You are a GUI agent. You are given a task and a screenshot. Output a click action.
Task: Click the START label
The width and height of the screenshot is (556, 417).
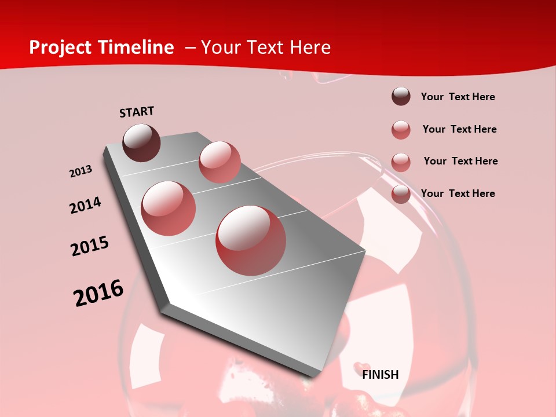point(137,112)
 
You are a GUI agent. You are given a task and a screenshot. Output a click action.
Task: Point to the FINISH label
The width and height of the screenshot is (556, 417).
point(380,375)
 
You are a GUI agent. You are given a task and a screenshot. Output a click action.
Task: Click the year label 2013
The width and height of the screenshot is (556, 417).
point(81,171)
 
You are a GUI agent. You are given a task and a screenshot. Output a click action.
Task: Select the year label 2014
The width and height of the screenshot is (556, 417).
point(85,206)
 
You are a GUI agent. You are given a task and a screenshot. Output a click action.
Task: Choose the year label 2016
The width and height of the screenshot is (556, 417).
point(98,294)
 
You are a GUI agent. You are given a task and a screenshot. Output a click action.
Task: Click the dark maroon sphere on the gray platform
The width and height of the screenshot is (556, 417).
point(141,142)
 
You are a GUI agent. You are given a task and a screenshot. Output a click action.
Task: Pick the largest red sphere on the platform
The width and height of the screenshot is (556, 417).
point(251,240)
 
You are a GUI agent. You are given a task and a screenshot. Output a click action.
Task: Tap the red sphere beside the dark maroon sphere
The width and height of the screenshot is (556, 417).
point(220,162)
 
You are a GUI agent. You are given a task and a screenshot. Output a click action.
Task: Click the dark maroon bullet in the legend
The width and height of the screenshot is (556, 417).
point(401,96)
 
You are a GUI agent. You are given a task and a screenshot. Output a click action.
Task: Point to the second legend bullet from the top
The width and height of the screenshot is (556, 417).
point(401,129)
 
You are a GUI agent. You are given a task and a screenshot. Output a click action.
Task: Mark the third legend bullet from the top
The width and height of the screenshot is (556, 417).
point(401,162)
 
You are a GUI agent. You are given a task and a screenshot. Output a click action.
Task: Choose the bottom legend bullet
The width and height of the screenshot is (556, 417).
point(401,194)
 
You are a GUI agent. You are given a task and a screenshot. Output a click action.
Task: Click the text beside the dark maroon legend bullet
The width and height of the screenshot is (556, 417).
point(458,97)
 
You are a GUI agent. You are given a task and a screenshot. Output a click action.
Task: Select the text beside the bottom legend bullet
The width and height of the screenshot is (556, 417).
point(458,193)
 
